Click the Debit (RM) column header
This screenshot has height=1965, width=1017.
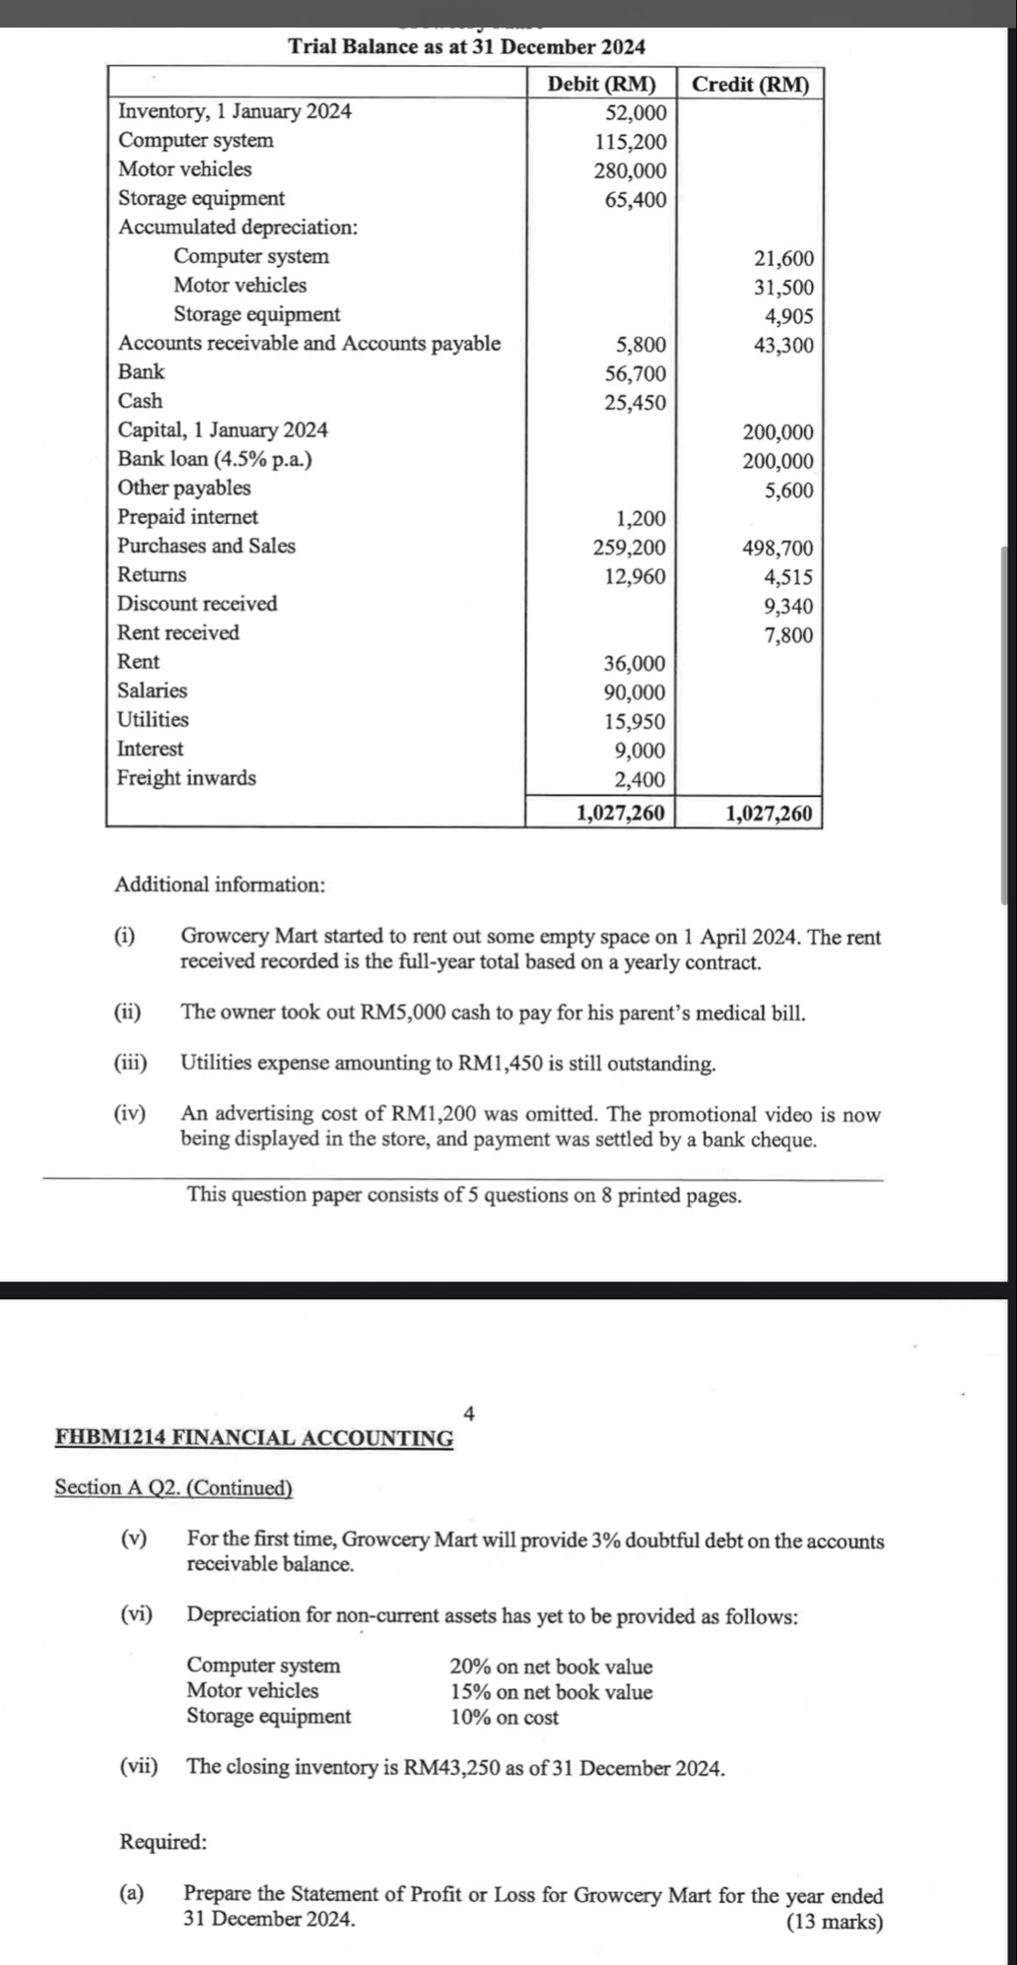click(601, 84)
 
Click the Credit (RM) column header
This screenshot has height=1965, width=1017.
click(750, 84)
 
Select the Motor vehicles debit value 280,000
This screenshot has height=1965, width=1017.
click(630, 170)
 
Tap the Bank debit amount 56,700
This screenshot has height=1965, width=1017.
click(635, 373)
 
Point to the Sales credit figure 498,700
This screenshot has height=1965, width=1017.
click(778, 548)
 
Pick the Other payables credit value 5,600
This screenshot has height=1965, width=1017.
click(789, 491)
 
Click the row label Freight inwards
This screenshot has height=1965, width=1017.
click(186, 778)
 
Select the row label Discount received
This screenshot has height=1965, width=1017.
click(197, 604)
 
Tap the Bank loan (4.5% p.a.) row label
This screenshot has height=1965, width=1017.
click(215, 459)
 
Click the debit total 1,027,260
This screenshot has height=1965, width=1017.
click(620, 813)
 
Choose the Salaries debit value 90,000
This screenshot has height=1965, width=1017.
click(635, 692)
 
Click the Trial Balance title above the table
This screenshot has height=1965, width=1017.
click(466, 46)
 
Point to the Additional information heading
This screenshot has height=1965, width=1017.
click(220, 884)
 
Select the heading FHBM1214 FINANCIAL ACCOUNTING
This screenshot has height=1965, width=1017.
click(254, 1437)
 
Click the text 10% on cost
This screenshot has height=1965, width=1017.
click(504, 1718)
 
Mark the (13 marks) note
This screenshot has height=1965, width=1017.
click(835, 1922)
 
